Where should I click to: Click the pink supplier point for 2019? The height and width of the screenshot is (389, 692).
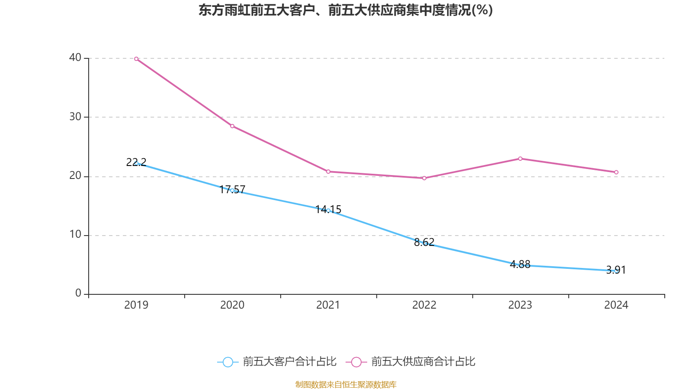[136, 59]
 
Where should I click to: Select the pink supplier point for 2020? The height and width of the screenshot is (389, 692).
[232, 126]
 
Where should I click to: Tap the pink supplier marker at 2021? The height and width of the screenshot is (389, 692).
[328, 172]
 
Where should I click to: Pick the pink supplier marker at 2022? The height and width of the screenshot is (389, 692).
[424, 178]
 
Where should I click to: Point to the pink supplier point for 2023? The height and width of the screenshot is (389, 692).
[520, 159]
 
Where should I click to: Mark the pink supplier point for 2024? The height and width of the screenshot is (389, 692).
[616, 172]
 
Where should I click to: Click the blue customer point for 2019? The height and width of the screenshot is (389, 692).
[136, 163]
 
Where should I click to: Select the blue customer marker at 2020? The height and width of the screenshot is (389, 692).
[232, 190]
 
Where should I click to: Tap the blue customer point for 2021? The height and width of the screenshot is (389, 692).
[328, 210]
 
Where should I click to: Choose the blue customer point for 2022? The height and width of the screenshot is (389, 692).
[424, 243]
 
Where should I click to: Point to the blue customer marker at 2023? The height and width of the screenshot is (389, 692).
[520, 265]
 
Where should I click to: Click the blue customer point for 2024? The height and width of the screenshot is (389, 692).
[616, 271]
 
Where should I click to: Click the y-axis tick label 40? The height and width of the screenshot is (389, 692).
[75, 57]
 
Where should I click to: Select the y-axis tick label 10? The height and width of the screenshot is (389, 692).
[75, 235]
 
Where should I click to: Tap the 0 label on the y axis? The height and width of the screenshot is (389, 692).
[78, 293]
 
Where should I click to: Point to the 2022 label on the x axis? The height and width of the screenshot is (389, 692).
[424, 305]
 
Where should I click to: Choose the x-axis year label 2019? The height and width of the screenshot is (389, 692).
[136, 305]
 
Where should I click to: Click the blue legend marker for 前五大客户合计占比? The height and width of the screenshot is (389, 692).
[228, 362]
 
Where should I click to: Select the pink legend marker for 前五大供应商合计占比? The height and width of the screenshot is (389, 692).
[356, 362]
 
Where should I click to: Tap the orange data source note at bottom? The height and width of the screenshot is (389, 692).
[346, 384]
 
